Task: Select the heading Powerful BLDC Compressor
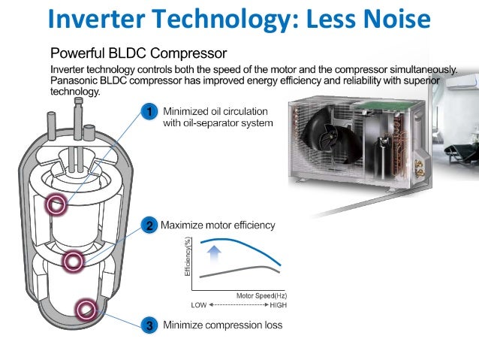(139, 53)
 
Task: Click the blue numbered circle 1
(149, 113)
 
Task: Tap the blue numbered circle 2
(149, 225)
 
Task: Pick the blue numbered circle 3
(149, 325)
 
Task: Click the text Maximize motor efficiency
(218, 225)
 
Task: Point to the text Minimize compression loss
(223, 325)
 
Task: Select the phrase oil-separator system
(218, 123)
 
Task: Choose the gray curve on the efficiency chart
(240, 270)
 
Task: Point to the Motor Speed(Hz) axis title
(261, 296)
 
